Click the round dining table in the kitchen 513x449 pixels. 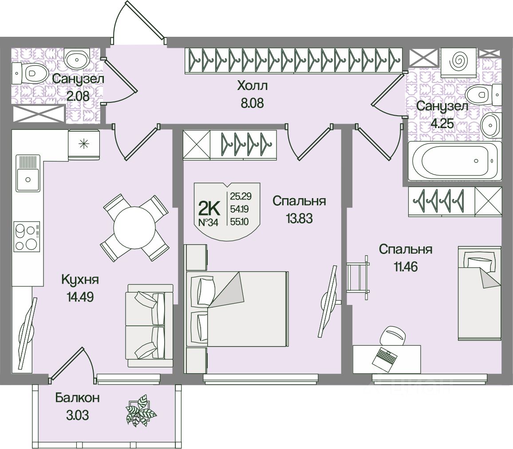click(x=134, y=228)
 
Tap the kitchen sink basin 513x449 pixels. click(x=28, y=179)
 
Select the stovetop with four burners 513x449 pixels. click(x=27, y=236)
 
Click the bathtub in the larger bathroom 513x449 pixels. click(x=455, y=161)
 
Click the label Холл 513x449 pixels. click(x=252, y=86)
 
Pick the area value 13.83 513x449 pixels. click(x=300, y=218)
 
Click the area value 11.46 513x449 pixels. click(x=406, y=267)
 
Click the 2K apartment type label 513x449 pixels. click(x=209, y=207)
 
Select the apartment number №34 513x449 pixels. click(x=209, y=223)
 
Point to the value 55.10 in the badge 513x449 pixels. click(x=240, y=222)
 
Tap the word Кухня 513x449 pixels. click(x=80, y=280)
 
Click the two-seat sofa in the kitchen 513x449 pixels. click(x=149, y=325)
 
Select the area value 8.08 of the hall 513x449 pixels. click(x=252, y=103)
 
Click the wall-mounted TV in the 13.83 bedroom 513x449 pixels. click(x=328, y=301)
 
